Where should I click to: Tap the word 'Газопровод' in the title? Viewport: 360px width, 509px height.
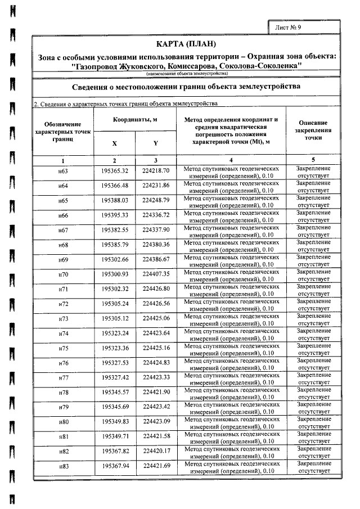(x=101, y=65)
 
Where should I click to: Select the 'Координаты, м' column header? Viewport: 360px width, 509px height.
(x=135, y=120)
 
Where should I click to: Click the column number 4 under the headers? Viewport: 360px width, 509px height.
(x=231, y=160)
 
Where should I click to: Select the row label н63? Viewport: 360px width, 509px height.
(x=64, y=171)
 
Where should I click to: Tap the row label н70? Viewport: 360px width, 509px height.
(x=64, y=274)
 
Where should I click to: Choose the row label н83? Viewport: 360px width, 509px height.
(x=64, y=466)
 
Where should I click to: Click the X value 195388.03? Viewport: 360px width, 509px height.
(x=115, y=200)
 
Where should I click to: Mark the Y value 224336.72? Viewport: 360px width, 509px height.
(x=156, y=215)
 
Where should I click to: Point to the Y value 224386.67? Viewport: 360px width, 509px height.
(x=156, y=259)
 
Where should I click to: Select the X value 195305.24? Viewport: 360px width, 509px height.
(x=115, y=304)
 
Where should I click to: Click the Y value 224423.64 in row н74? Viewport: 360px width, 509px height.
(x=156, y=334)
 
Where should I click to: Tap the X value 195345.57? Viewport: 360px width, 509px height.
(x=115, y=392)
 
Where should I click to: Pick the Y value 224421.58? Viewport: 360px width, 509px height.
(x=156, y=436)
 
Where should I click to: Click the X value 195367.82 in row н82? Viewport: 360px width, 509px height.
(x=115, y=451)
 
